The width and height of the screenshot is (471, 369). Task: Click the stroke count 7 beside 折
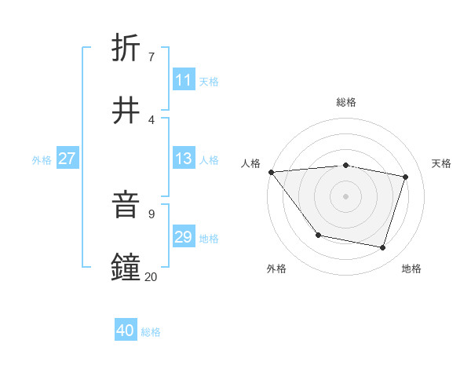[151, 57]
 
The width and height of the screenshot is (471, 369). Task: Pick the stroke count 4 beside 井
[151, 119]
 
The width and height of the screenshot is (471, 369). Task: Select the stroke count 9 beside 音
[151, 214]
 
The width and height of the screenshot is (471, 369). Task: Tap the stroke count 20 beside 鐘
[152, 276]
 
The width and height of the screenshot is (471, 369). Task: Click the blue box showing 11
[184, 80]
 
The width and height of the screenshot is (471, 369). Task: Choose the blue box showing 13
[184, 159]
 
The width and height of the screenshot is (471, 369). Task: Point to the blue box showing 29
[184, 237]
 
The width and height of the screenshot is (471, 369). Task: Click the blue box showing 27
[67, 159]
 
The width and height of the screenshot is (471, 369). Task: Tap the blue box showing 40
[126, 331]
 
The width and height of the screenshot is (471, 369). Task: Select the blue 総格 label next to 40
[151, 332]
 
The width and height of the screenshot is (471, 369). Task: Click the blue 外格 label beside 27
[42, 160]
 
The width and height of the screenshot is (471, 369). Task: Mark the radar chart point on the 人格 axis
[271, 172]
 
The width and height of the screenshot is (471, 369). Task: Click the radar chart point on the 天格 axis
[406, 177]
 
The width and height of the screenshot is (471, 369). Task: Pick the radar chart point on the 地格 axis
[383, 247]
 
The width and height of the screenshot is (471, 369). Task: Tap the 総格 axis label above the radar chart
[346, 102]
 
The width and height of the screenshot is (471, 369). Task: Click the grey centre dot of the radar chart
[346, 196]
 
